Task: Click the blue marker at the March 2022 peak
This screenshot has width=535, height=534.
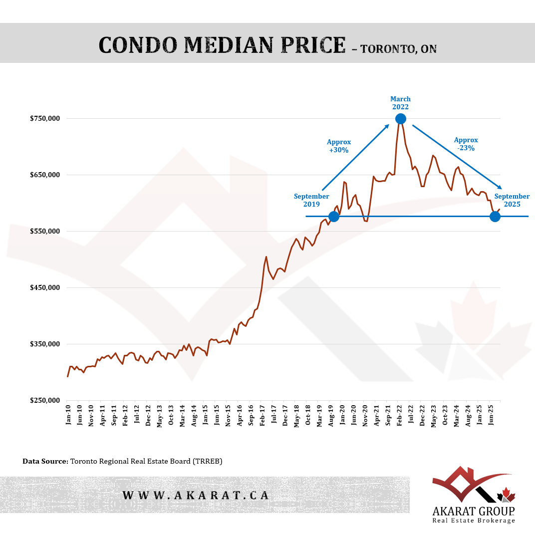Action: click(400, 118)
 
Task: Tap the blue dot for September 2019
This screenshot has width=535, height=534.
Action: click(334, 216)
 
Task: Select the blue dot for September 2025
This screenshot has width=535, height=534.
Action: click(495, 216)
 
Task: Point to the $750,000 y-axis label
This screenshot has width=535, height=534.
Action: click(44, 119)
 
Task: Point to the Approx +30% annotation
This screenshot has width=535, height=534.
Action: click(339, 146)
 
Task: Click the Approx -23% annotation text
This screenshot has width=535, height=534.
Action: click(466, 144)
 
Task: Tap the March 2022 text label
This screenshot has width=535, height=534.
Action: click(400, 103)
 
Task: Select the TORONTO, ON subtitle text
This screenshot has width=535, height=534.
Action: click(398, 49)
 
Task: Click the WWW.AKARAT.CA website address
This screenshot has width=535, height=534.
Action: click(196, 495)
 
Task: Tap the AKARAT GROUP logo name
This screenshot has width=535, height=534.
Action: click(474, 511)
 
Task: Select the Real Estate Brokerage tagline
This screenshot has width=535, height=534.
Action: click(474, 521)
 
